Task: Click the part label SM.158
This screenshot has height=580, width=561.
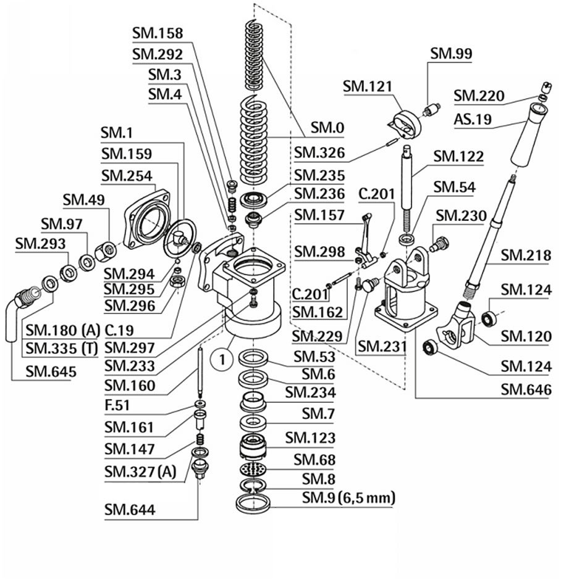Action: [x=158, y=33]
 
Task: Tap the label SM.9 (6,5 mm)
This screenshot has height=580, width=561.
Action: [x=348, y=497]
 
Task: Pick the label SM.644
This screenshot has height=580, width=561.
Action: [x=130, y=510]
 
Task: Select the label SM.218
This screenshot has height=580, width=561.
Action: [x=525, y=254]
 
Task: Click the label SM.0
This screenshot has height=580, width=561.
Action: [x=327, y=128]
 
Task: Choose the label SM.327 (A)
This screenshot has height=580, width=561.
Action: [x=140, y=472]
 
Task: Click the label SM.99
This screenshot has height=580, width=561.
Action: [x=450, y=54]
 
